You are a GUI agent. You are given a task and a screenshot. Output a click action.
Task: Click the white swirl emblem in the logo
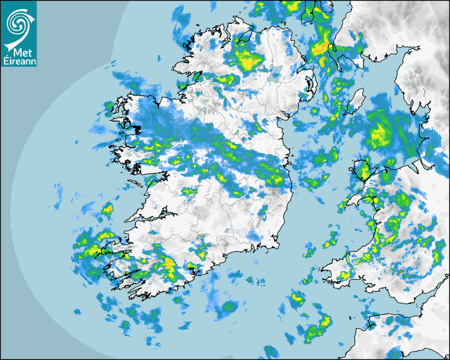coord(18,23)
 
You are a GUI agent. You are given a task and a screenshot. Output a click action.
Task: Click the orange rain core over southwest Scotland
coord(319,49)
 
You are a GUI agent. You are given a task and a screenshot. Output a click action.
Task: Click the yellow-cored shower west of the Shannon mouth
coord(107,210)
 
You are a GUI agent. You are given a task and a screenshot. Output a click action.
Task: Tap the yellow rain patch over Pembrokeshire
coord(344,275)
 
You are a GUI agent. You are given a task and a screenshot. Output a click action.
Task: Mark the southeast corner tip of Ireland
coord(277,246)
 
